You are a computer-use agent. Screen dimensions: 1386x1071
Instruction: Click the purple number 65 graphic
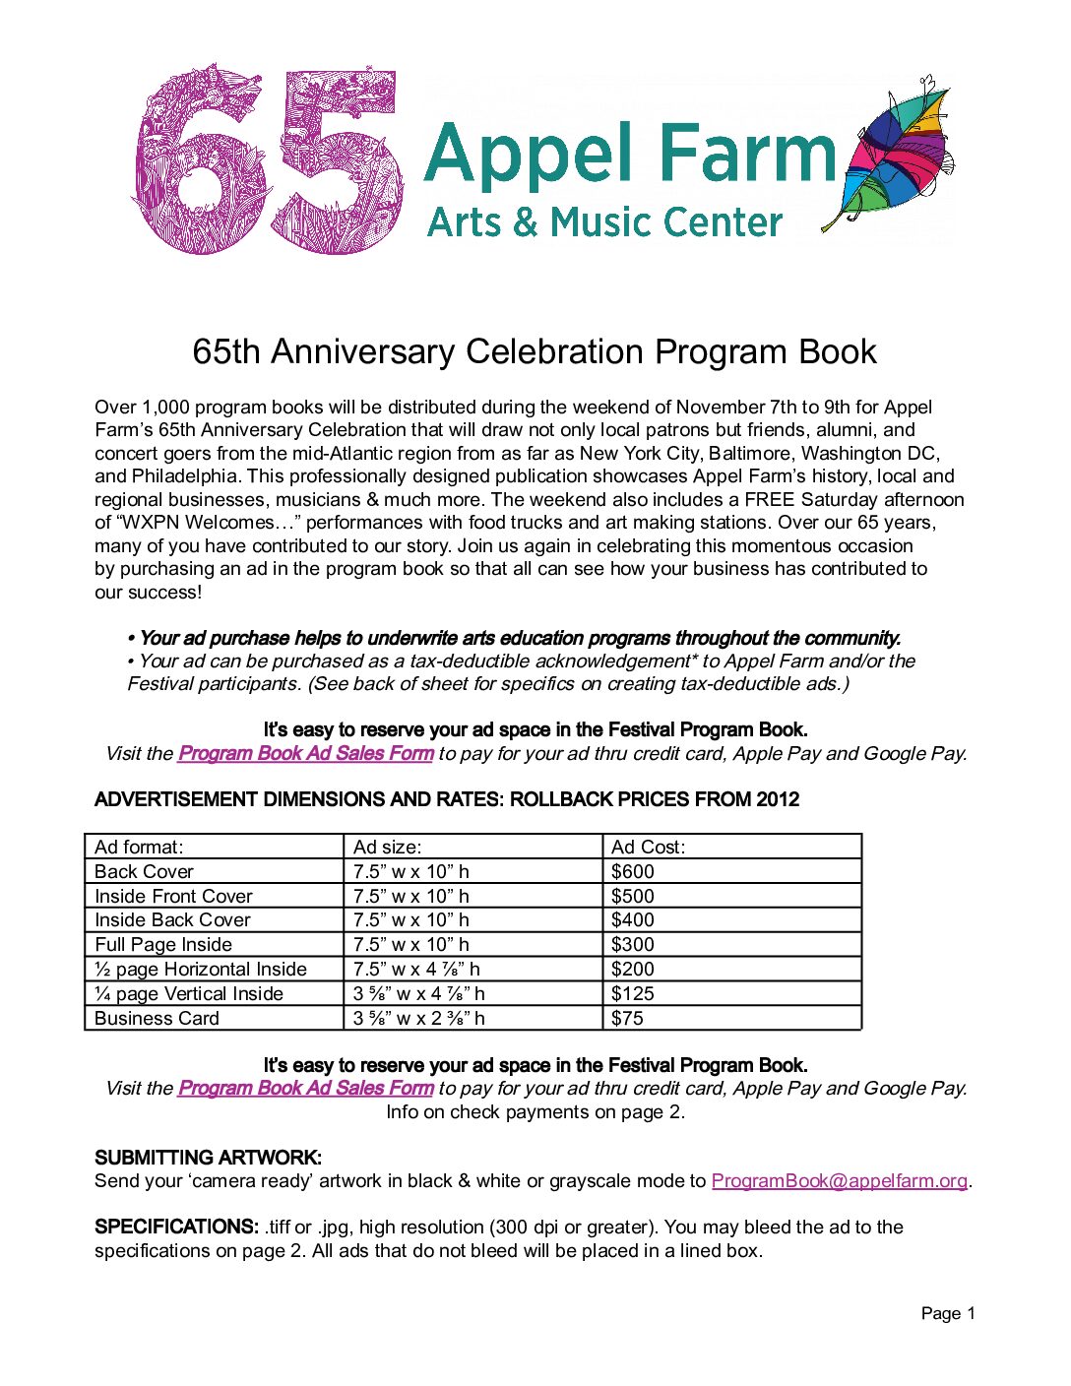tap(268, 159)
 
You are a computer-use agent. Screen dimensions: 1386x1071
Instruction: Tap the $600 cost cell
tap(633, 871)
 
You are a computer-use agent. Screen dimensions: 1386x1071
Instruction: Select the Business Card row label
tap(157, 1018)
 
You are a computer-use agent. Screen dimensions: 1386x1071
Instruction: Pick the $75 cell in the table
tap(628, 1018)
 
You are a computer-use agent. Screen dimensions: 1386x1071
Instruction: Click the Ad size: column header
tap(388, 847)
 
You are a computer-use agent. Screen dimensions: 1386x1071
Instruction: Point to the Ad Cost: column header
tap(649, 847)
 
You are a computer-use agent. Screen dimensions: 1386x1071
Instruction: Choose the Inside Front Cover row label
tap(174, 896)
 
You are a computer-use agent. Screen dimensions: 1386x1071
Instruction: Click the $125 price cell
tap(633, 993)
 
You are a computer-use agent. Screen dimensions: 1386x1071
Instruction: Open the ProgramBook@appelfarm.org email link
tap(839, 1180)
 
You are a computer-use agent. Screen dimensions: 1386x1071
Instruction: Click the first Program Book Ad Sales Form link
tap(305, 753)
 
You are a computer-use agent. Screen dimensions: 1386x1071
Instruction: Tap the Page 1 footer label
tap(948, 1313)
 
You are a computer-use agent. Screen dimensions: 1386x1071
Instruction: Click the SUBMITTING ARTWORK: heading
tap(208, 1158)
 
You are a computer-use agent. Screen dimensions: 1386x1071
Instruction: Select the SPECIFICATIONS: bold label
tap(176, 1227)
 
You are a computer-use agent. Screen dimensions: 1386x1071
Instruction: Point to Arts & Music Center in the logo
tap(605, 222)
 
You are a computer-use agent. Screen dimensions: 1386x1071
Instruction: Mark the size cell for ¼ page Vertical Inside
tap(419, 993)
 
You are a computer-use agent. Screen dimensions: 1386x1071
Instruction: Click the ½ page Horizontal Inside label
tap(201, 969)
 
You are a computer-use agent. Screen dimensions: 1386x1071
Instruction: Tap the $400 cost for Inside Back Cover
tap(633, 919)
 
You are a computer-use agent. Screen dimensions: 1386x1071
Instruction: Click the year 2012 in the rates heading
tap(778, 799)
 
